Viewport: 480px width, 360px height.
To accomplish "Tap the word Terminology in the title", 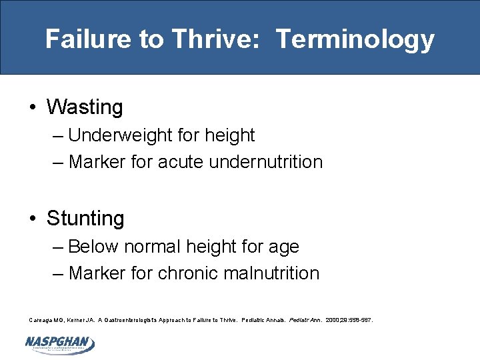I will click(x=355, y=39).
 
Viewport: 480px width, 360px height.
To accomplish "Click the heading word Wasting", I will click(x=85, y=107).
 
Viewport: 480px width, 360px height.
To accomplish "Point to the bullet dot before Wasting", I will click(x=33, y=108).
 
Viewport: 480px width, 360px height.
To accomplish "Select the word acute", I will click(x=181, y=162).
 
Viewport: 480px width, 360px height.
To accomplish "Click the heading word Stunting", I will click(x=85, y=219).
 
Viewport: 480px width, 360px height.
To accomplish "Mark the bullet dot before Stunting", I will click(x=33, y=219).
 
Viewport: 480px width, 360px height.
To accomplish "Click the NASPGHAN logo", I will click(x=59, y=343).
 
